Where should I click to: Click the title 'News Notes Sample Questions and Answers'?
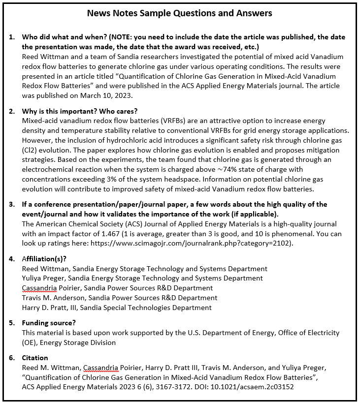(x=179, y=13)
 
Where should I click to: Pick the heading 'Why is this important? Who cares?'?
(x=81, y=111)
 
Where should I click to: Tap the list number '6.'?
(x=12, y=358)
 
